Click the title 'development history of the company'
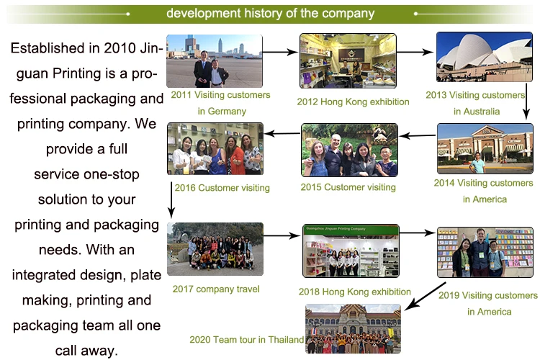click(x=270, y=14)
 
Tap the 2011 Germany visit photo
click(x=215, y=61)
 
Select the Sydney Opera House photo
click(x=485, y=57)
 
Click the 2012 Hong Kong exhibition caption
click(x=353, y=102)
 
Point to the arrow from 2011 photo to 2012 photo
click(x=280, y=52)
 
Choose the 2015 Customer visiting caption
click(x=348, y=187)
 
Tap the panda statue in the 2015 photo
click(x=379, y=135)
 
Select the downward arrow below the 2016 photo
click(x=171, y=200)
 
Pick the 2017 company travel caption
click(x=216, y=289)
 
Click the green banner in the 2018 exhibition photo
click(x=351, y=229)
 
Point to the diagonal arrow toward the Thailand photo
click(x=426, y=296)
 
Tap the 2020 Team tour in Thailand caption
click(x=246, y=340)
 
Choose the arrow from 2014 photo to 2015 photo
click(x=418, y=136)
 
